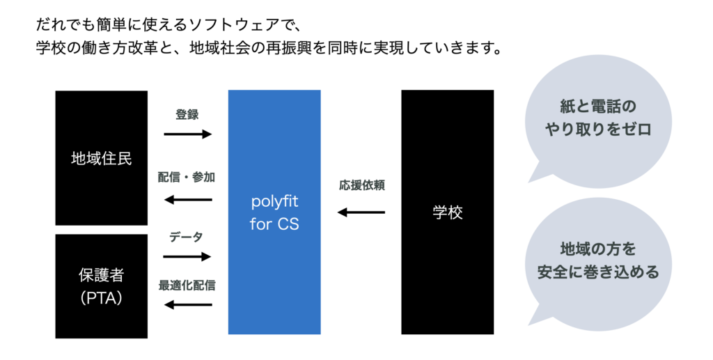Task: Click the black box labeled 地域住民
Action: [x=101, y=158]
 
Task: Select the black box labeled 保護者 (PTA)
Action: [x=101, y=285]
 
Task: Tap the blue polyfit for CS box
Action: [x=274, y=212]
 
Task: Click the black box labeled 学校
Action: [x=447, y=212]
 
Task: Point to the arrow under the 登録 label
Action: [x=187, y=134]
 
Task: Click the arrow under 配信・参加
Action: [x=187, y=201]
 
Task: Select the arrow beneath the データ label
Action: [x=187, y=257]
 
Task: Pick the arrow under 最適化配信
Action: [x=187, y=304]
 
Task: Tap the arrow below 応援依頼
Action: [x=361, y=212]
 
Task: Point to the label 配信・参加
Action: [x=186, y=178]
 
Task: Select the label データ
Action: [x=186, y=237]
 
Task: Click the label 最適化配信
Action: [x=187, y=284]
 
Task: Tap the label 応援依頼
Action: [x=362, y=186]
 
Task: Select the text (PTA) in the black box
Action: [x=101, y=297]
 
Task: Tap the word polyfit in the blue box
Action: [x=274, y=202]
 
